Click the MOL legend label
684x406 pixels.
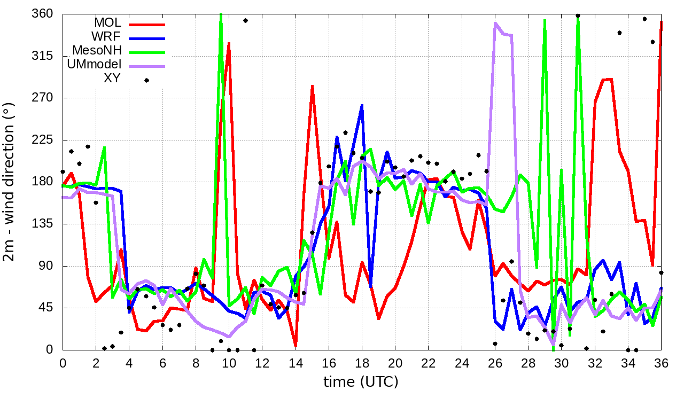click(107, 23)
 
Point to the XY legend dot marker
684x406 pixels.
click(146, 80)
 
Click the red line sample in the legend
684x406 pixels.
click(146, 24)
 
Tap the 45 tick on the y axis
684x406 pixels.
click(48, 308)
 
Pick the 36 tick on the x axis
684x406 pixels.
click(661, 363)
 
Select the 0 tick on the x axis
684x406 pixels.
click(63, 363)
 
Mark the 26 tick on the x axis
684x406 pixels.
click(495, 363)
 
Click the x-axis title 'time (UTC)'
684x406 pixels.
click(361, 382)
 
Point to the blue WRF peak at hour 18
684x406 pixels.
click(362, 106)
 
